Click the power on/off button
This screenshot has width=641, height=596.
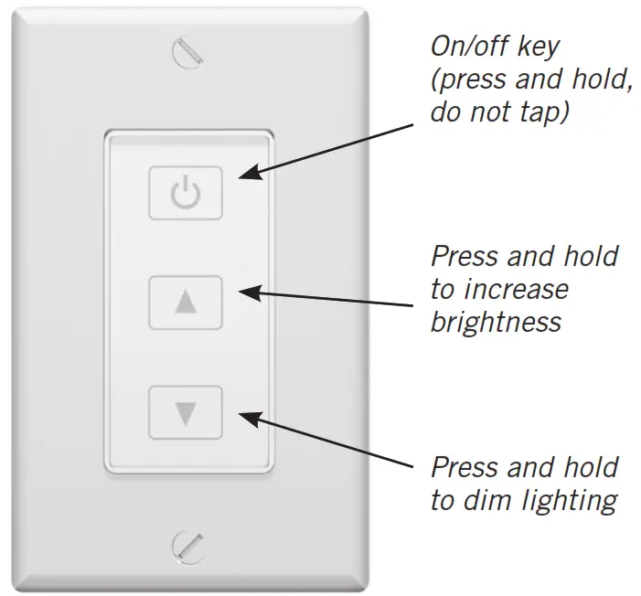tap(185, 193)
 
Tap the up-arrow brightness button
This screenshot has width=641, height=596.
tap(185, 303)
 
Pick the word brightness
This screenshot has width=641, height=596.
tap(496, 323)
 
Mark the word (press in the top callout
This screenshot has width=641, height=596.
tap(468, 80)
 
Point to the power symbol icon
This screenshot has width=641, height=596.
tap(185, 193)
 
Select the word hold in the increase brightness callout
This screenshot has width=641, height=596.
tap(593, 256)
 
